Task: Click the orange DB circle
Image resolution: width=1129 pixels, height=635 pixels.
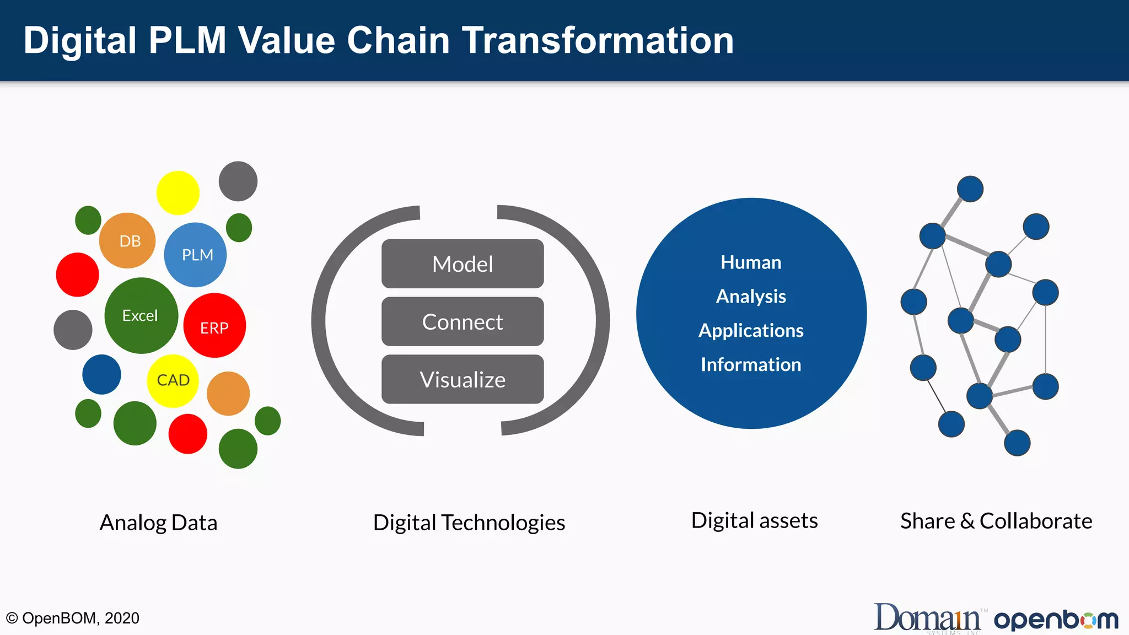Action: coord(127,241)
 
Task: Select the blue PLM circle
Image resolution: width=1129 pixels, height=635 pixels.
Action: coord(195,255)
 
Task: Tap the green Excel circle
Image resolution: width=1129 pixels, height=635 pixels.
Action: coord(141,315)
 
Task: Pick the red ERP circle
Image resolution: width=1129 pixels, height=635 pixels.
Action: coord(214,326)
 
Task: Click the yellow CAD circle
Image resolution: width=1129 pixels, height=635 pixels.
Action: coord(173,380)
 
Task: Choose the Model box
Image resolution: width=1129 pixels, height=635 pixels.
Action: coord(463,264)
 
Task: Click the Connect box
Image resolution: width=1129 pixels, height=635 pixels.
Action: coord(463,322)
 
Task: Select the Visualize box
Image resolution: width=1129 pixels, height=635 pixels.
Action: coord(463,380)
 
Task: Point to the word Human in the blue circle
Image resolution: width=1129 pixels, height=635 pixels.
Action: coord(751,262)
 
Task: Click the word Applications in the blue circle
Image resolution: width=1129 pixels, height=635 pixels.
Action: coord(751,331)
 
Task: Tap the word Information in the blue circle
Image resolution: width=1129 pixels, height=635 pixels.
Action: coord(751,365)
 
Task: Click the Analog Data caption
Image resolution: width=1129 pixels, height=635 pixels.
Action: coord(158,523)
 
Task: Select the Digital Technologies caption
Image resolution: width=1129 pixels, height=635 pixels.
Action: coord(469,523)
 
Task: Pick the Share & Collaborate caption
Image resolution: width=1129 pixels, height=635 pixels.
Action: coord(996,521)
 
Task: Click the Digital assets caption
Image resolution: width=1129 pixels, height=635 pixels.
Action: coord(754,521)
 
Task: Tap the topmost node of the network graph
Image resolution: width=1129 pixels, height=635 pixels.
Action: coord(970,189)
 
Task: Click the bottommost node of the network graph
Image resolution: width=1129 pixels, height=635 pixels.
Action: coord(1017,443)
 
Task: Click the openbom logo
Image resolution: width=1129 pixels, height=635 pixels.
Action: coord(1056,620)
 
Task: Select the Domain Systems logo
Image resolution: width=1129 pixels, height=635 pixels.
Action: coord(928,618)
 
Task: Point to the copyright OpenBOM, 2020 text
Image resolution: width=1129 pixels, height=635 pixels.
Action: coord(73,618)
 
